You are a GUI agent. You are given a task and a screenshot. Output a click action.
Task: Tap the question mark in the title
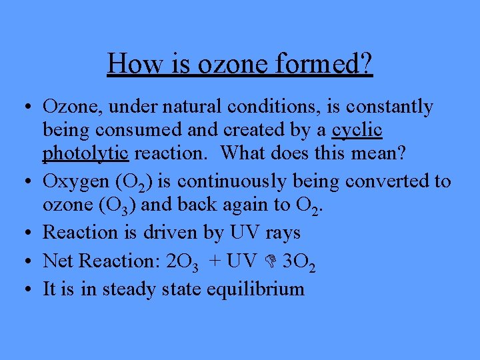click(x=365, y=64)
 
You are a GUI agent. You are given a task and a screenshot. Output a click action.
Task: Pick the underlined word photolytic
click(x=85, y=152)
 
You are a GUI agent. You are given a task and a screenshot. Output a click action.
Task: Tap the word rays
click(x=283, y=232)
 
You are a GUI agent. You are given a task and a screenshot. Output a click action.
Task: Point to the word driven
click(x=170, y=232)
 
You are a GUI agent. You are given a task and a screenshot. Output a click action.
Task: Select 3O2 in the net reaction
click(x=299, y=261)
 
